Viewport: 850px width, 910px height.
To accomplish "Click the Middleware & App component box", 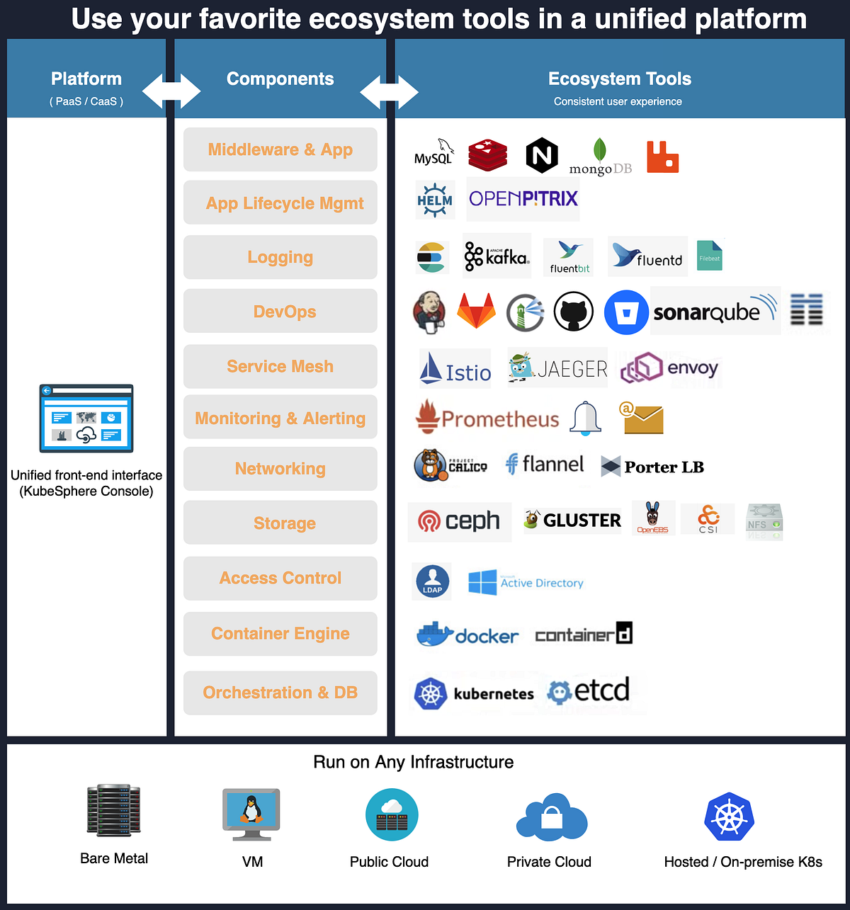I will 280,149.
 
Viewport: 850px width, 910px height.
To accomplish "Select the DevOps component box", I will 280,311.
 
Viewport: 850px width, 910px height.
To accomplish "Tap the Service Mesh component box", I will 280,366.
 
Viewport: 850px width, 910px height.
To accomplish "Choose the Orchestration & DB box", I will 280,692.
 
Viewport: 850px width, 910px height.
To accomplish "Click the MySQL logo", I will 433,152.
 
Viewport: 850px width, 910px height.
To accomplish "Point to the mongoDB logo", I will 600,157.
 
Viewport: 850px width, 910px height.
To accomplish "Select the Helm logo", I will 434,200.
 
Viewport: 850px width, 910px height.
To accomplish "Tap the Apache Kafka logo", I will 497,256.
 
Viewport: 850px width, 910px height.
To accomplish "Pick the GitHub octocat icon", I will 573,312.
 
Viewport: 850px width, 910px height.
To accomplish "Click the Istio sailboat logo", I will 455,368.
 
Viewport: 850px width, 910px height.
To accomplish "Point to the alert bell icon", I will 586,418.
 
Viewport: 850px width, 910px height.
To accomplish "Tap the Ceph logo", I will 459,521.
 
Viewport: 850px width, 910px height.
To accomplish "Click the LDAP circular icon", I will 431,581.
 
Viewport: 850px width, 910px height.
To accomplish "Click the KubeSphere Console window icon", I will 86,419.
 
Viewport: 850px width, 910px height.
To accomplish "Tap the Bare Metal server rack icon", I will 113,809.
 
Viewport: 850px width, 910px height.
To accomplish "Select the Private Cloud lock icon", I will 551,818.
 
